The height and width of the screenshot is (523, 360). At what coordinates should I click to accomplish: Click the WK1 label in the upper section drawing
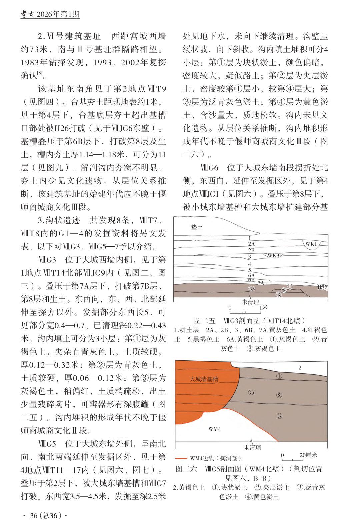point(311,244)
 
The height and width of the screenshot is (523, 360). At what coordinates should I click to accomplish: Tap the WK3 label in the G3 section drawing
point(273,255)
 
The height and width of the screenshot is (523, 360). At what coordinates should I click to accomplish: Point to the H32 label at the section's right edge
point(322,287)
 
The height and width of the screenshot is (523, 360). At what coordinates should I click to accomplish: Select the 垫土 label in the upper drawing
point(197,227)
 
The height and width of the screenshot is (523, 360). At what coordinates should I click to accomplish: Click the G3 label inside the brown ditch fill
point(251,289)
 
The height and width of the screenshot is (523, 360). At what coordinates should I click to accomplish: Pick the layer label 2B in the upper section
point(251,250)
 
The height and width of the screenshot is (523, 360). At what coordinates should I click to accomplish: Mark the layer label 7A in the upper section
point(261,283)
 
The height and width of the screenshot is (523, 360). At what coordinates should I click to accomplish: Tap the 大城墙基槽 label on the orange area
point(204,379)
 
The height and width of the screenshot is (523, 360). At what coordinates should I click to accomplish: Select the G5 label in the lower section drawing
point(251,392)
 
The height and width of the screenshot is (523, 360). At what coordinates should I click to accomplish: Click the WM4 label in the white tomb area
point(214,429)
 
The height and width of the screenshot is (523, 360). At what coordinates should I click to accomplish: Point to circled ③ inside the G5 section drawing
point(279,416)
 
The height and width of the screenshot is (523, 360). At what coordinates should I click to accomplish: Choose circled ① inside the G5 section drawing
point(279,376)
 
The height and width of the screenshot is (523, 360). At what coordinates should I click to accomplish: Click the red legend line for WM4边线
point(181,458)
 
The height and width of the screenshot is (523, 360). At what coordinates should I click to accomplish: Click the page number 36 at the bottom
point(34,516)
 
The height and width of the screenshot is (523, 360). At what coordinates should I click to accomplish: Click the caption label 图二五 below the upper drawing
point(205,321)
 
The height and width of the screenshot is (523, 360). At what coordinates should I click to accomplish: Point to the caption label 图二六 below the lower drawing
point(186,469)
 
